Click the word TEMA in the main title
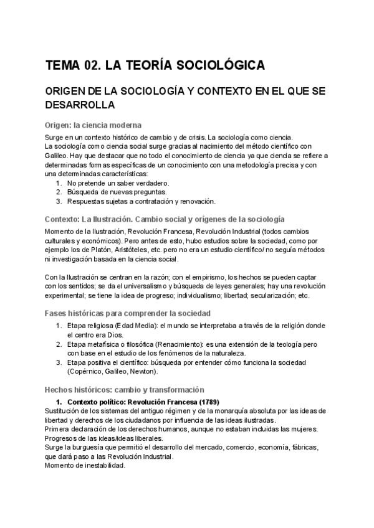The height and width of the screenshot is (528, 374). tap(64, 65)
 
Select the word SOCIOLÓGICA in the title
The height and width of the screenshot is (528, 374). tap(219, 65)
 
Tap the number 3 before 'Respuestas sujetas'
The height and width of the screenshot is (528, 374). tap(58, 201)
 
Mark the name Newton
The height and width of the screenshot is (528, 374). tap(142, 371)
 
